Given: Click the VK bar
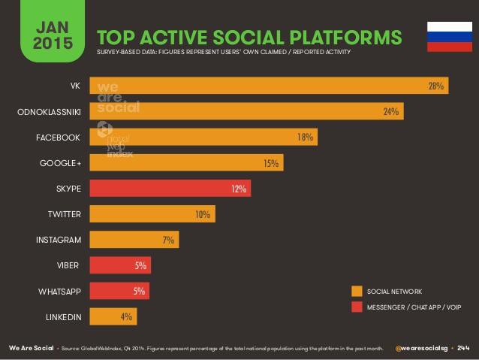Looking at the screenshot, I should tap(269, 86).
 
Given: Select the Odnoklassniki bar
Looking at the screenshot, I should tap(246, 111).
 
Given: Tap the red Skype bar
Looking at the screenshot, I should tap(170, 188).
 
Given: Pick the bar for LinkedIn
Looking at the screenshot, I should tap(113, 316).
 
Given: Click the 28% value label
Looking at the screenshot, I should tap(436, 86).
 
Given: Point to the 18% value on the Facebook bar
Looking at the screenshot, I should tap(304, 137).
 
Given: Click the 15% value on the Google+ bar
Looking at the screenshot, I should tap(271, 162).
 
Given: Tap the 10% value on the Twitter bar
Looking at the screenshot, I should tap(202, 214).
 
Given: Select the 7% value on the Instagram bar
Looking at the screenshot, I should tap(168, 240).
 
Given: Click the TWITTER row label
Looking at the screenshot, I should tap(64, 214).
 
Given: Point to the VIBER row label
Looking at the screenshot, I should tap(68, 265).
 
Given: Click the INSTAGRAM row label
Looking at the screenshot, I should tap(58, 240).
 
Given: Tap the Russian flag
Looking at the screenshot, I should tap(449, 36).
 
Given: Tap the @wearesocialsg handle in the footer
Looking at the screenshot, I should tap(423, 349).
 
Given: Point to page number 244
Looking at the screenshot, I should tap(463, 349).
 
